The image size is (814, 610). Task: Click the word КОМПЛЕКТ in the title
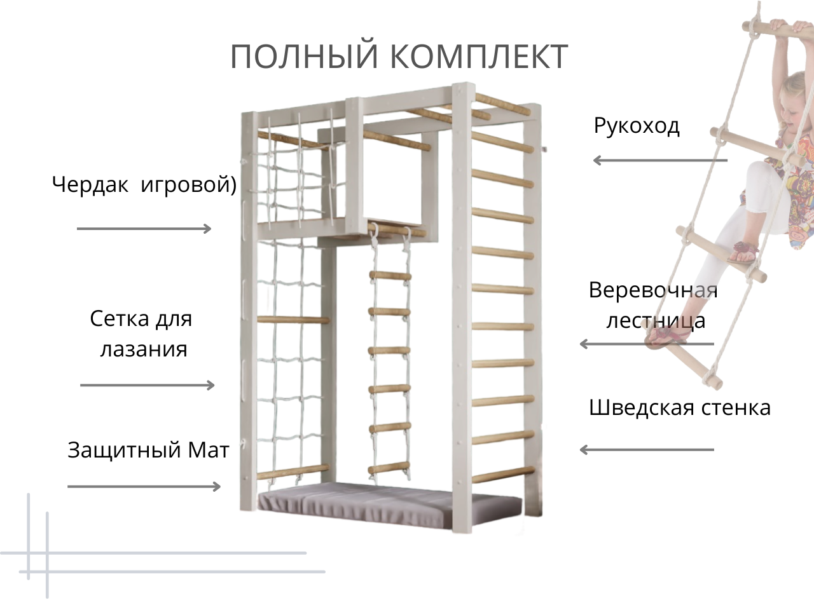[478, 57]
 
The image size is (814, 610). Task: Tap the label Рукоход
[637, 126]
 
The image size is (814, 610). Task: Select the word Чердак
[90, 185]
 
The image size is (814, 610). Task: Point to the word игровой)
[188, 185]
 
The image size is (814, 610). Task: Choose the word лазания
[144, 349]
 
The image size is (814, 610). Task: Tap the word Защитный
[125, 450]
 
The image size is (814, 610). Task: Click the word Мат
[209, 450]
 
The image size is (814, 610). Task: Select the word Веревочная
[653, 290]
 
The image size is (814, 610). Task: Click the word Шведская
[642, 407]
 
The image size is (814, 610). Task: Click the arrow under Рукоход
[659, 160]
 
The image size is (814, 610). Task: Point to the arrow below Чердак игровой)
[144, 229]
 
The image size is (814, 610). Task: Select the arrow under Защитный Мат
[144, 487]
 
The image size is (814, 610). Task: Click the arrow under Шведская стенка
[646, 450]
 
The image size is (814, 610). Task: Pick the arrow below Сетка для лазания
[148, 385]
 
